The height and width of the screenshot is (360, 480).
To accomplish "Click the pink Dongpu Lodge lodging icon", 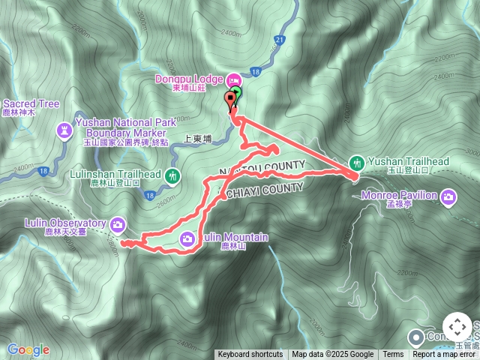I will pyautogui.click(x=232, y=79).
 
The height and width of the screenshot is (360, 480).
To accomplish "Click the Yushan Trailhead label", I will pyautogui.click(x=409, y=161).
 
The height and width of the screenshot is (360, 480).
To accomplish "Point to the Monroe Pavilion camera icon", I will pyautogui.click(x=448, y=197).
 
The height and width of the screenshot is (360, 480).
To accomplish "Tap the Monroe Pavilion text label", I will pyautogui.click(x=411, y=196).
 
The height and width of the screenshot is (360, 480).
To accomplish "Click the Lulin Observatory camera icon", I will pyautogui.click(x=117, y=223).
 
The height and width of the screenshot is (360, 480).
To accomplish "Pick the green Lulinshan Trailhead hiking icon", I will pyautogui.click(x=173, y=176).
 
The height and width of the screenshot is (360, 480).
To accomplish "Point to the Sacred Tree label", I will pyautogui.click(x=31, y=103).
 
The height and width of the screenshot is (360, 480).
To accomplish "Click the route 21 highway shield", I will pyautogui.click(x=279, y=40).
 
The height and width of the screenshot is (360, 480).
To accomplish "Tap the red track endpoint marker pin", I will pyautogui.click(x=230, y=99).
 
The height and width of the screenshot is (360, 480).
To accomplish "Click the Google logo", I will pyautogui.click(x=28, y=349).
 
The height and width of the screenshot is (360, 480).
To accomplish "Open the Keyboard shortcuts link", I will pyautogui.click(x=250, y=355).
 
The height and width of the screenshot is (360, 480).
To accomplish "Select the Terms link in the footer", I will pyautogui.click(x=392, y=355).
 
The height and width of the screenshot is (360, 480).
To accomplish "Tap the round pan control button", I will pyautogui.click(x=457, y=327).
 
